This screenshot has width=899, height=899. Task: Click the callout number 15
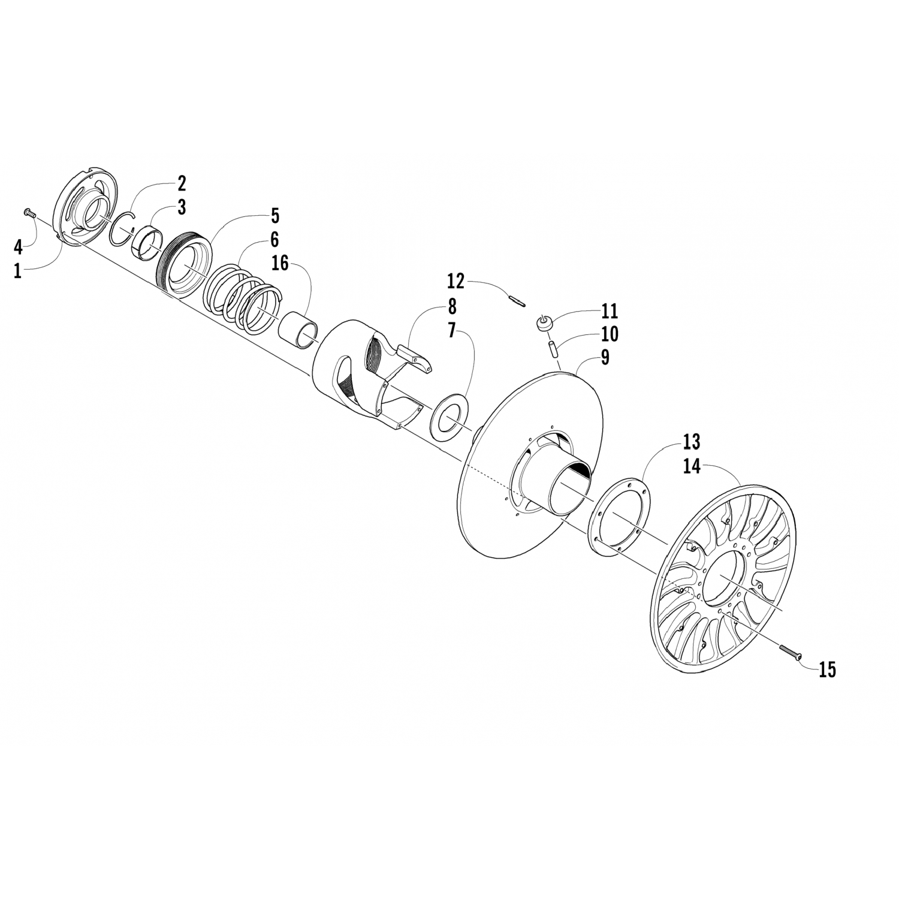pos(827,669)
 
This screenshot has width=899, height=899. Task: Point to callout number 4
pos(18,246)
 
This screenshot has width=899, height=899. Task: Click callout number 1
pos(18,271)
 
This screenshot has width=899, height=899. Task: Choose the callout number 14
pos(692,466)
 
